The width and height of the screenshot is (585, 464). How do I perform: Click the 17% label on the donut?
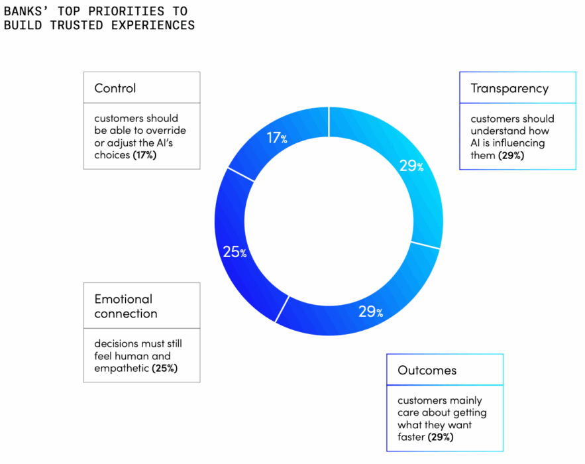click(277, 138)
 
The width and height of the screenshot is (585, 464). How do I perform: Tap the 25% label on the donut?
click(235, 252)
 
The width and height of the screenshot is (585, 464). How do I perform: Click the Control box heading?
click(115, 87)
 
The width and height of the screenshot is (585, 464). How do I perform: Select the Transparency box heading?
click(509, 87)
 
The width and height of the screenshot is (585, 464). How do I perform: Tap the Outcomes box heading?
click(427, 370)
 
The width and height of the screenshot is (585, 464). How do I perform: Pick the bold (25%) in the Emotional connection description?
click(164, 368)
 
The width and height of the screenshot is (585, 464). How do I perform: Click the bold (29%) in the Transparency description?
click(511, 155)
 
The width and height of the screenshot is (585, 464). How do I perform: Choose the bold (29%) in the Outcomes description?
click(441, 437)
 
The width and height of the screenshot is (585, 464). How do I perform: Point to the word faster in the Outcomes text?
click(411, 437)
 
